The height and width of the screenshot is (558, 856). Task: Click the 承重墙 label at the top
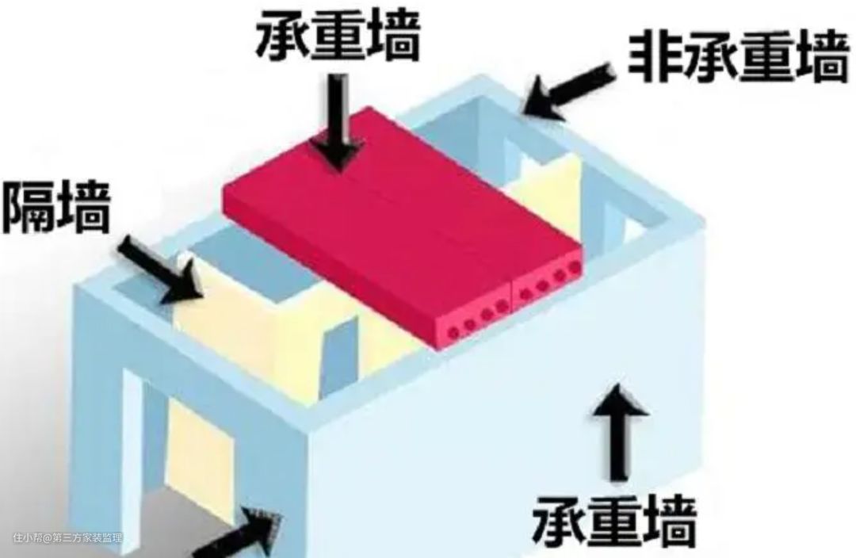pos(336,36)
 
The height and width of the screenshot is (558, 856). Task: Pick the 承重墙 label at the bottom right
pos(615,518)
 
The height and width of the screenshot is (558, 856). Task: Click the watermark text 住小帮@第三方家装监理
pos(67,538)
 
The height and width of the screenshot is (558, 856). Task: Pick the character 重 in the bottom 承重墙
pos(615,518)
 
